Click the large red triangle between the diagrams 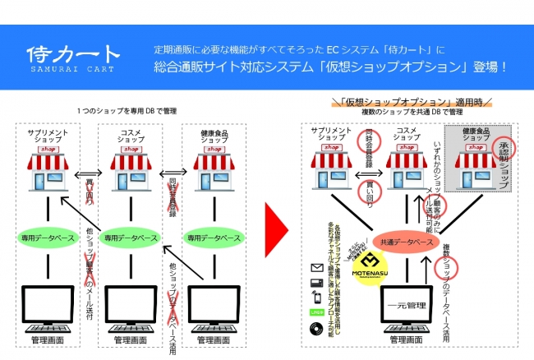277,233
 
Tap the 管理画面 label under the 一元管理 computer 406,339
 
